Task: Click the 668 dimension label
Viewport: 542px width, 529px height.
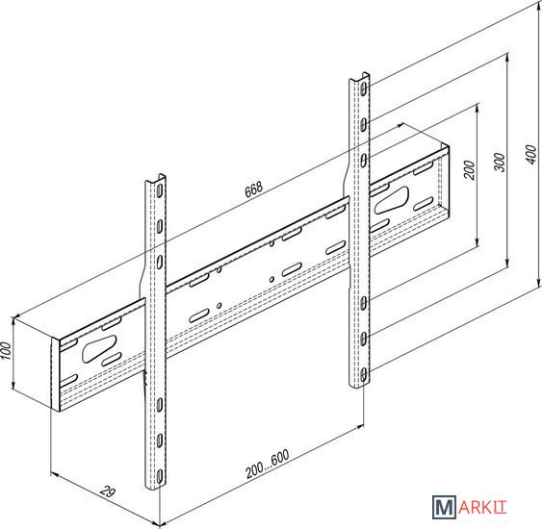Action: click(254, 189)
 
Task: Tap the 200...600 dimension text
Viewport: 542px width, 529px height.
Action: click(268, 464)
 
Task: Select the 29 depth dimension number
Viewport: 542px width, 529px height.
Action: click(108, 491)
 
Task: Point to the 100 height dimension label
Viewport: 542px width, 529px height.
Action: click(7, 351)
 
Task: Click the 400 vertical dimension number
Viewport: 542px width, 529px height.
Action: click(531, 154)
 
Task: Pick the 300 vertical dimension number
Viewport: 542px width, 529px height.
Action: click(500, 163)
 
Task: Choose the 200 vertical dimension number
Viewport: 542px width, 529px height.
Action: click(469, 170)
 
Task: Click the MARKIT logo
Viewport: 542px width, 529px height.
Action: click(470, 507)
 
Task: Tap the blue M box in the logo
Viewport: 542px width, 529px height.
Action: click(444, 507)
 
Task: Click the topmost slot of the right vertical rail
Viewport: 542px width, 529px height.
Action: click(364, 89)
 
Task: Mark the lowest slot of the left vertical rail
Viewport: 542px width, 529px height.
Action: click(160, 477)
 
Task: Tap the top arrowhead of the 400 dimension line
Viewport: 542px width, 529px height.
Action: click(538, 3)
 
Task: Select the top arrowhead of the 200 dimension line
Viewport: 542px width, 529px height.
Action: click(477, 106)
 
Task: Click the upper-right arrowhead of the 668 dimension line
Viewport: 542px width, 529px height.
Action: click(401, 125)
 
